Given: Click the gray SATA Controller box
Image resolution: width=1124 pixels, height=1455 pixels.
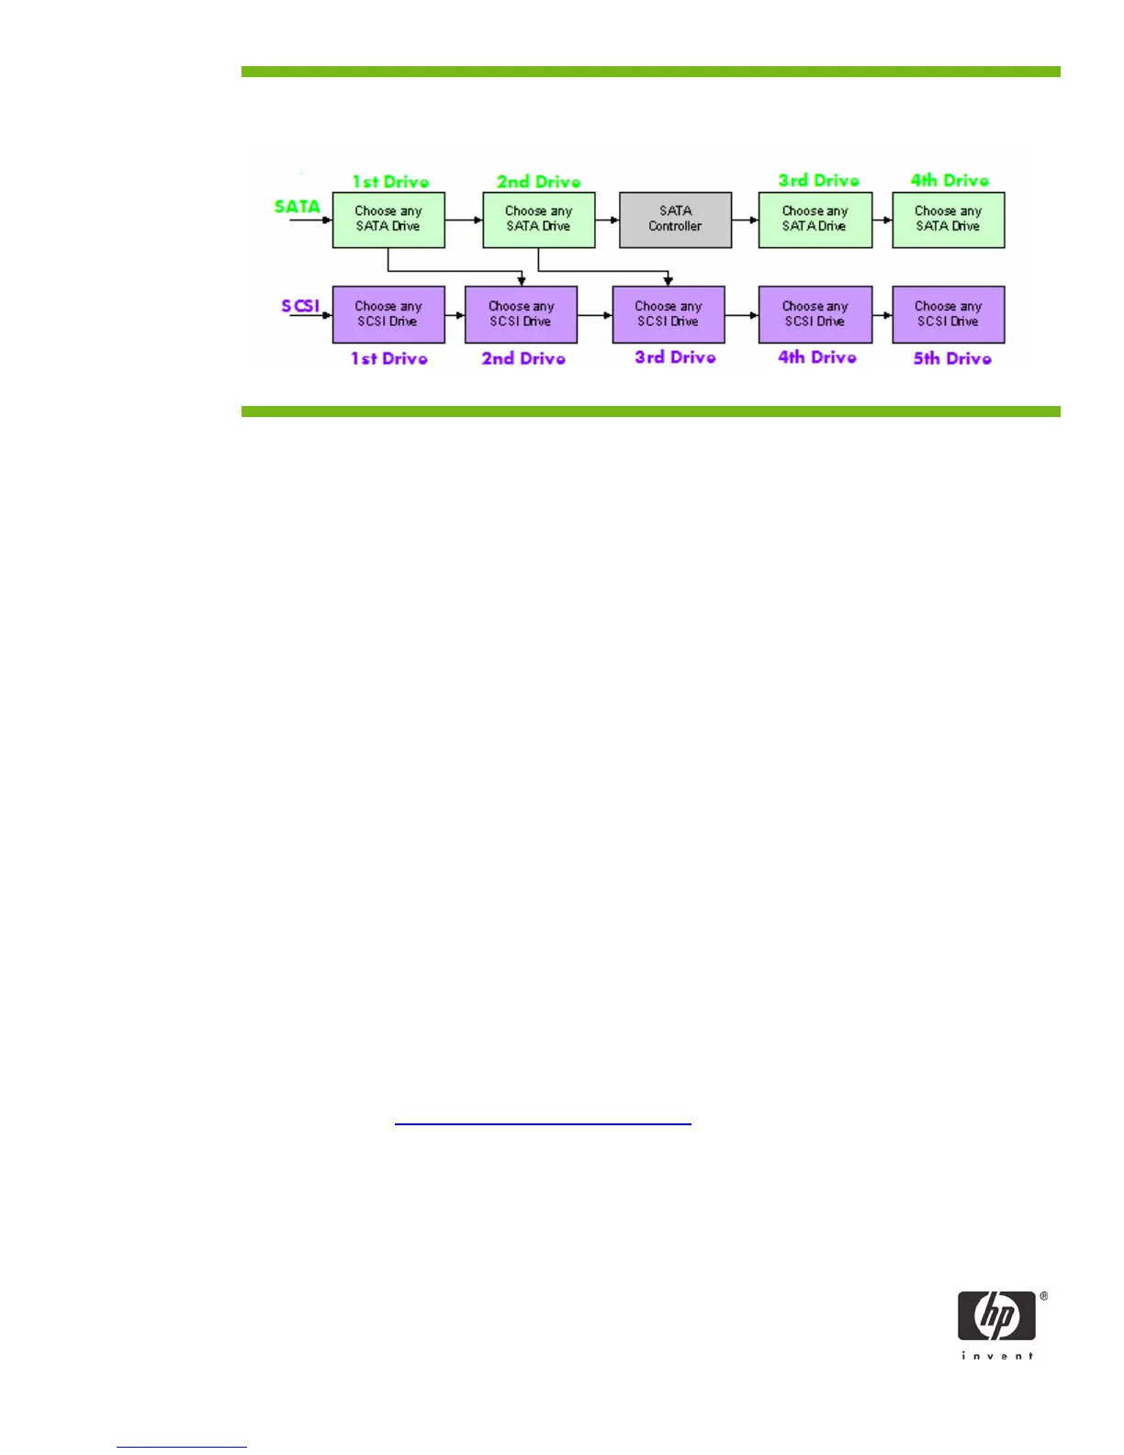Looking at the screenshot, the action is coord(675,220).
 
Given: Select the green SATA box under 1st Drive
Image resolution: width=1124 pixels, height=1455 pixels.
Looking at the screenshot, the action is coord(388,220).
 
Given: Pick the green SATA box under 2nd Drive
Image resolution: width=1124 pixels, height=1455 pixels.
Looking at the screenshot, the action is coord(539,220).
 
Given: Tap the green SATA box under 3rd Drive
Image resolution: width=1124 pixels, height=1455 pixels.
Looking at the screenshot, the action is coord(815,220).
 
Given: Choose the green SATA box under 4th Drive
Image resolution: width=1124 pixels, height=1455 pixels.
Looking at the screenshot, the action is coord(948,220).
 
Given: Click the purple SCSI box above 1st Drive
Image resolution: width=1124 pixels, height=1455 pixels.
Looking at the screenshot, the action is coord(388,314).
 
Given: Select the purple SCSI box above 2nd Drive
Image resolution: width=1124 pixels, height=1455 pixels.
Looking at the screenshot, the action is coord(521,314).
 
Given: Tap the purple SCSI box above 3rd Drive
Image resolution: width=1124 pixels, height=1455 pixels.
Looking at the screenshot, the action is coord(669,314).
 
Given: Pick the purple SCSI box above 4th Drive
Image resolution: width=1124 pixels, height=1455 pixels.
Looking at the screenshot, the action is coord(815,314).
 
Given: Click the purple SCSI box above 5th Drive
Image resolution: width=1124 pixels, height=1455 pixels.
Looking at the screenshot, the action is coord(948,314).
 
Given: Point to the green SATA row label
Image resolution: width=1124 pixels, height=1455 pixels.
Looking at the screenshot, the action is coord(297,207).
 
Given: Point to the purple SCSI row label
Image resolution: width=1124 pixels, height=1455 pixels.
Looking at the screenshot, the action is coord(300,305).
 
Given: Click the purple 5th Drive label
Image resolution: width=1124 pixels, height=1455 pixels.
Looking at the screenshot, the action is coord(952,358).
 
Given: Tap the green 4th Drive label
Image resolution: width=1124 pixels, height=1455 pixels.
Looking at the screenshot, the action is coord(950,180).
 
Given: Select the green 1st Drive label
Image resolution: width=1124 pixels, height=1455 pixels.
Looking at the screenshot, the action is coord(390,181).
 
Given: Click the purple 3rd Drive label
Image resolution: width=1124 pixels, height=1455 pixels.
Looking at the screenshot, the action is coord(675,357).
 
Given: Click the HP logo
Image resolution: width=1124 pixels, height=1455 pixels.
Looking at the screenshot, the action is coord(996,1315).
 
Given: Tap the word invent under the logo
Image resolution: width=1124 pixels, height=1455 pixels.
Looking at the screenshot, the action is coord(997,1356).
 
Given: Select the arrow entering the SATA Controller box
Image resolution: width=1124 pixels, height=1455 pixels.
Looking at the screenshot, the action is coord(608,220).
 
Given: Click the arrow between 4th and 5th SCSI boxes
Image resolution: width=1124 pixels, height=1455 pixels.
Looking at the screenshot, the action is coord(882,315).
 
